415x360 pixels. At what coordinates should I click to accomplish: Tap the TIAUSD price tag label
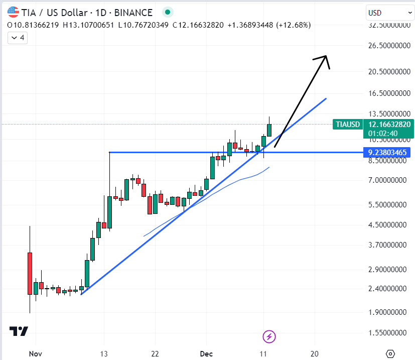pos(348,124)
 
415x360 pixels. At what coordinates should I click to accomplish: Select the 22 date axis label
pos(155,353)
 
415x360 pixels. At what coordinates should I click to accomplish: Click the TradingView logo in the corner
pos(19,331)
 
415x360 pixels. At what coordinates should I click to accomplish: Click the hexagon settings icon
pos(391,353)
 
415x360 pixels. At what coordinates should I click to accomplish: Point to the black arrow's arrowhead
pos(324,59)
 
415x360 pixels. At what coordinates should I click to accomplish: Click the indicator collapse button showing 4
pos(18,37)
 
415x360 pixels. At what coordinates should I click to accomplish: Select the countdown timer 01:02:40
pos(383,134)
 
